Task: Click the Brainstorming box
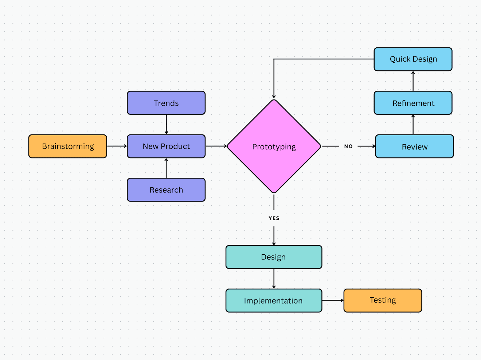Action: tap(68, 146)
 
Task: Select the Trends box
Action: tap(166, 103)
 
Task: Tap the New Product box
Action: tap(166, 146)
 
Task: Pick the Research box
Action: tap(166, 190)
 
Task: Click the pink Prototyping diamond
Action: tap(274, 146)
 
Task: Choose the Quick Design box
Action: tap(413, 59)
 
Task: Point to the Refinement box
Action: tap(413, 103)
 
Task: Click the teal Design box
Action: tap(274, 257)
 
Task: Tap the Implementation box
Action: tap(274, 301)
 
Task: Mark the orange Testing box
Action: tap(383, 301)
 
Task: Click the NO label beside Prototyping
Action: tap(348, 146)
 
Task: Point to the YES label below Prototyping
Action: tap(274, 218)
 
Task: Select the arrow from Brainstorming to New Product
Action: tap(117, 146)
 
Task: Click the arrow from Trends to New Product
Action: tap(166, 125)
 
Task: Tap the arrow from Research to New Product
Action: tap(166, 168)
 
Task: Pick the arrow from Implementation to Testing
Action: tap(333, 301)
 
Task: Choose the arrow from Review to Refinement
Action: tap(413, 125)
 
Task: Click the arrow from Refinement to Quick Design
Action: tap(413, 81)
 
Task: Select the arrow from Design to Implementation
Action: tap(274, 279)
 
